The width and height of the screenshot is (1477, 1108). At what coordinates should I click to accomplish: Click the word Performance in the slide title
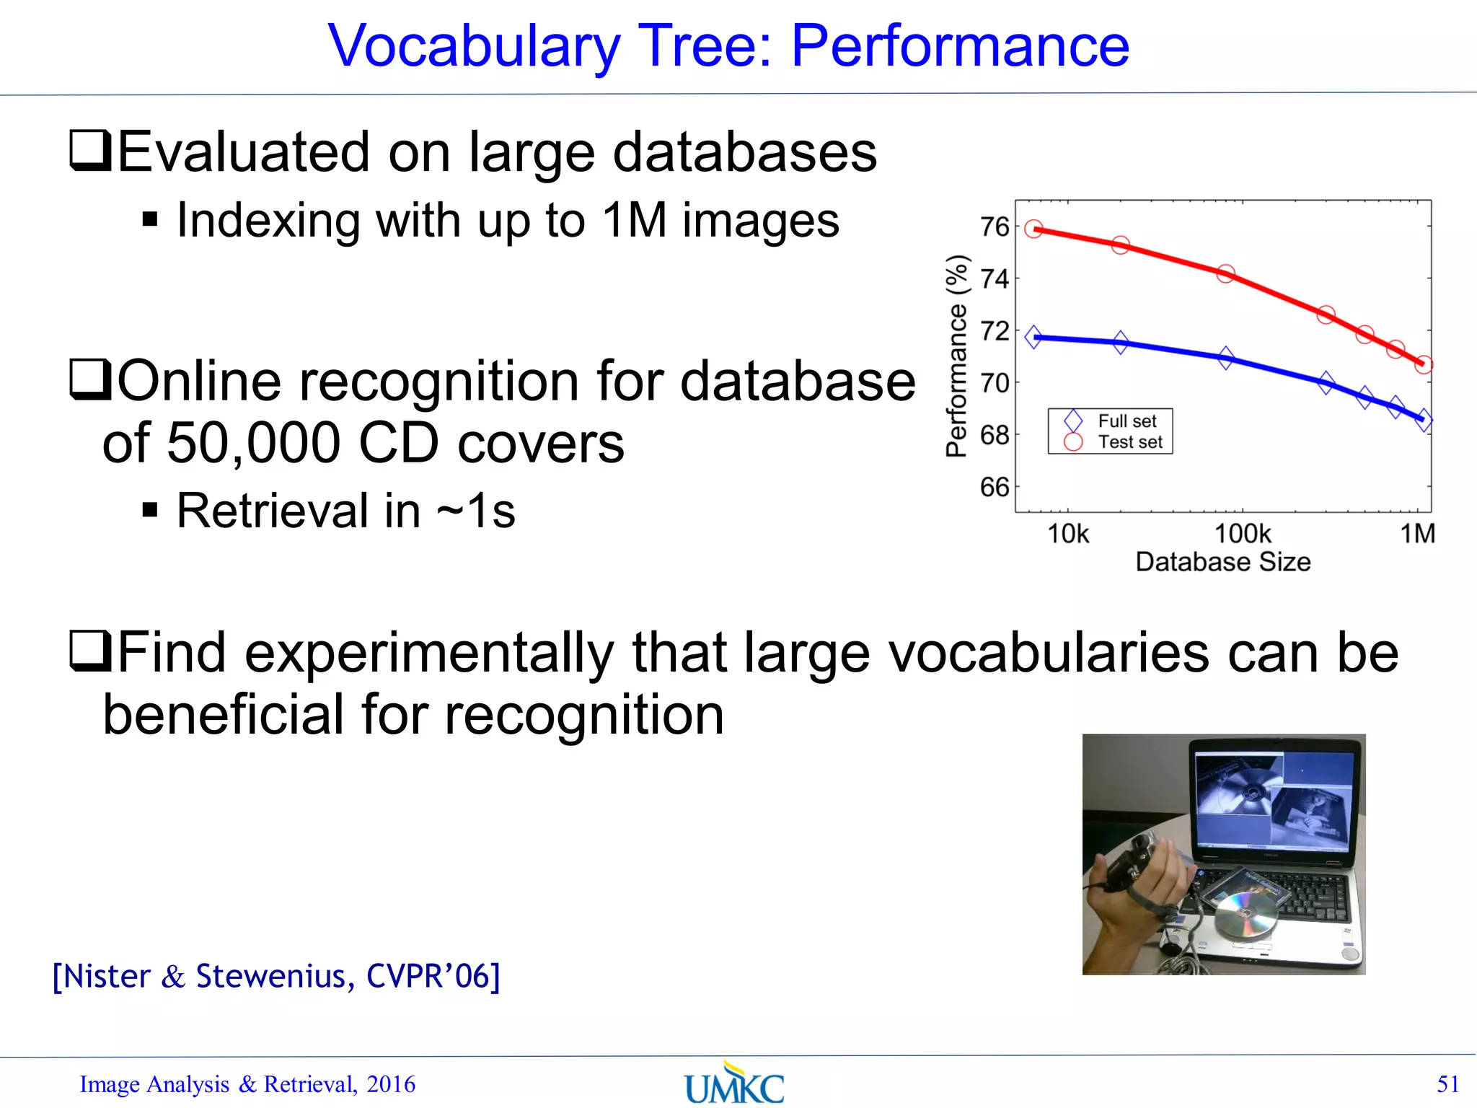click(x=959, y=46)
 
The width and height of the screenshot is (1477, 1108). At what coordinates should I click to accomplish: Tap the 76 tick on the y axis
click(x=995, y=227)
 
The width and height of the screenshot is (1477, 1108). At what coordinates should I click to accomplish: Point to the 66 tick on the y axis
click(x=995, y=488)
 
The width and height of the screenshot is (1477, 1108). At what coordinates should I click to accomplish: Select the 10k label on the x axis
click(x=1067, y=535)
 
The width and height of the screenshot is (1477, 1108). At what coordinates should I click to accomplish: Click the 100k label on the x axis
click(x=1243, y=535)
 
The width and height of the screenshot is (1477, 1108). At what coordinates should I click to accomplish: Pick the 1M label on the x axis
click(x=1417, y=535)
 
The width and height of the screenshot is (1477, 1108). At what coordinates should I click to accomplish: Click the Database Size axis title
click(x=1222, y=562)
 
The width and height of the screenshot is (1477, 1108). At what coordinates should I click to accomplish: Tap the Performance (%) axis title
click(x=957, y=356)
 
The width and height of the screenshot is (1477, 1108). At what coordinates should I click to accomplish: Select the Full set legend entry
click(x=1127, y=421)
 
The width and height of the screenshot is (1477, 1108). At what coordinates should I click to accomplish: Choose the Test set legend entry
click(x=1129, y=442)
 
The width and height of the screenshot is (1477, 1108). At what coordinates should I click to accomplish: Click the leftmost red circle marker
click(x=1034, y=229)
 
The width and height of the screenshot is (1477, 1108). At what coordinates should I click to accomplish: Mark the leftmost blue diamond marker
click(x=1034, y=337)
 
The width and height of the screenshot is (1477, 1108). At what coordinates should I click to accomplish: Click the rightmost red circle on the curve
click(x=1424, y=365)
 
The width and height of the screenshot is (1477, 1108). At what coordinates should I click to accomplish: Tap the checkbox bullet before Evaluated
click(x=90, y=150)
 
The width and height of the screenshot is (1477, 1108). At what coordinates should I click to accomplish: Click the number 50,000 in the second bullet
click(x=252, y=443)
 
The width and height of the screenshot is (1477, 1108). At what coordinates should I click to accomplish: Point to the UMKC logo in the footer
click(x=733, y=1084)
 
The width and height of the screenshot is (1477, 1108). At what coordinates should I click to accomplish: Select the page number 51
click(x=1447, y=1084)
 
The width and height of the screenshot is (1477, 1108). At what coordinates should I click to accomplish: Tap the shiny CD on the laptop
click(x=1245, y=915)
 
